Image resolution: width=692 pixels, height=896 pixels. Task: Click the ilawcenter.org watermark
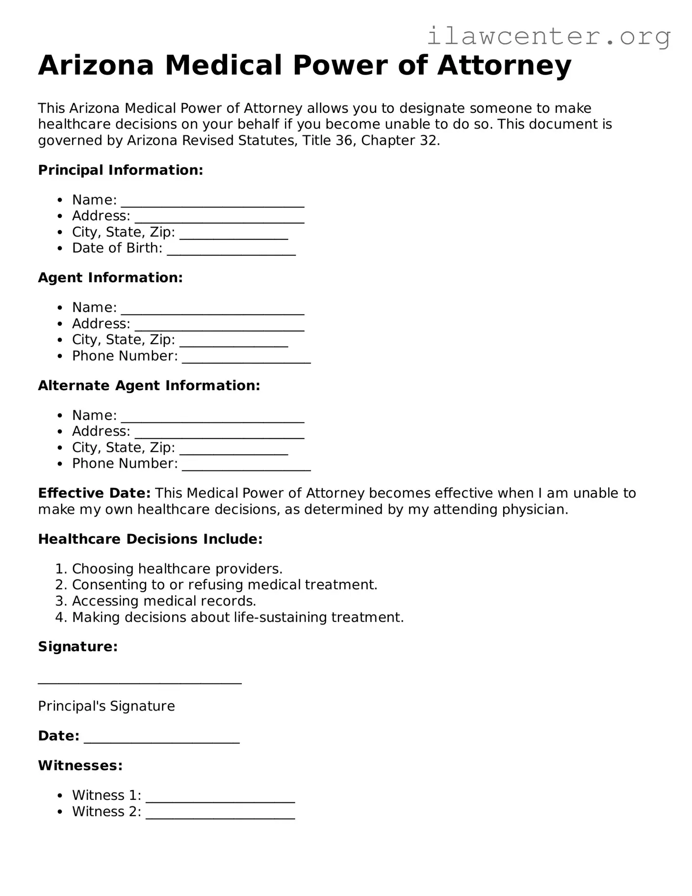pos(548,36)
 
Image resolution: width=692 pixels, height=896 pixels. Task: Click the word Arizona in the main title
pos(96,65)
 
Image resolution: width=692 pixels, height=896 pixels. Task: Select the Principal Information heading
pos(120,170)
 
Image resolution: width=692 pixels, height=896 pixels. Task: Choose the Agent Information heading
pos(110,278)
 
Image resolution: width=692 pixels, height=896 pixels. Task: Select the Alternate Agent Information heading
pos(149,386)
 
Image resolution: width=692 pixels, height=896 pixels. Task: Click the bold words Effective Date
pos(94,493)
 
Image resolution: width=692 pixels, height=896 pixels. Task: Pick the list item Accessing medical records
pos(164,601)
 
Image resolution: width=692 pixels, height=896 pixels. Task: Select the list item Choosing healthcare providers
pos(177,569)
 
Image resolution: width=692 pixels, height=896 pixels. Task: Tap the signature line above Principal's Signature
pos(140,680)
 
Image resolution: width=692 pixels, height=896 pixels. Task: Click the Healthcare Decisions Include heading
pos(150,539)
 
